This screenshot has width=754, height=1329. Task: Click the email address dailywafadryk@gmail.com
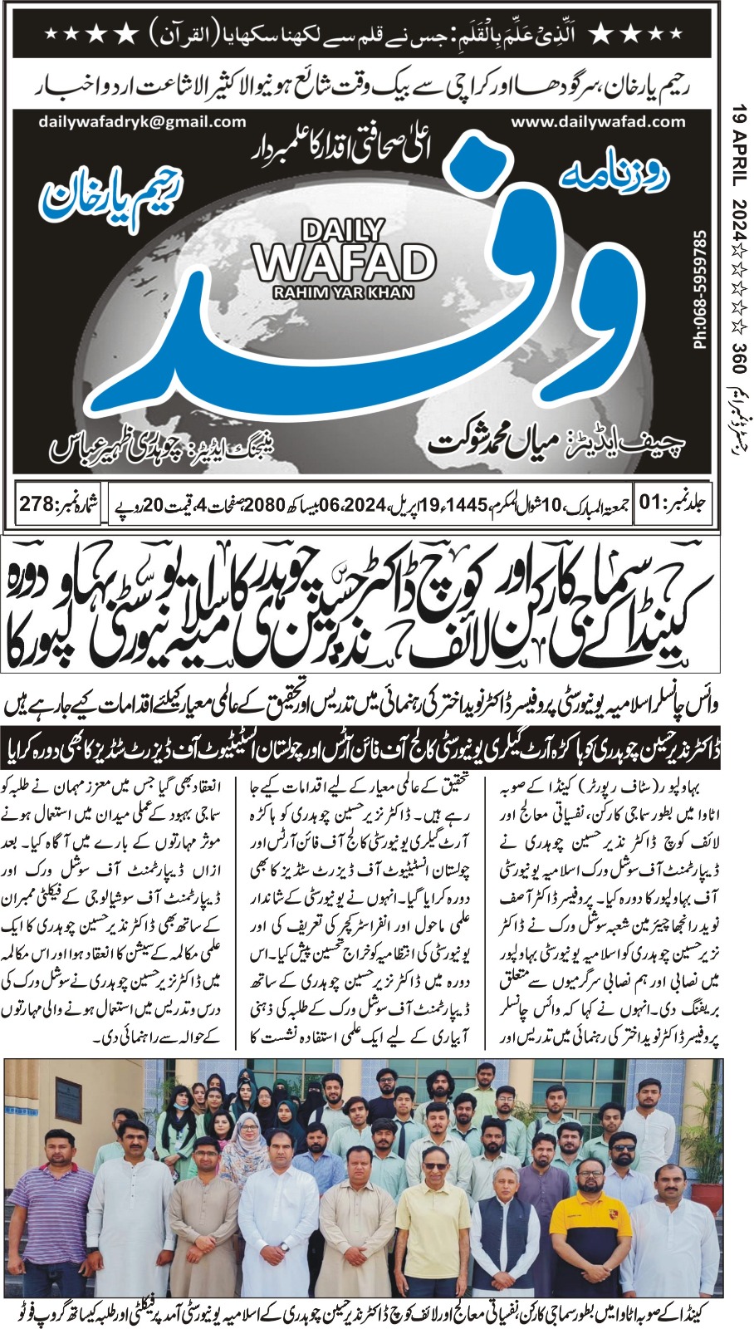[142, 122]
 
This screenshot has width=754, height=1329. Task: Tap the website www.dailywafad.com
[598, 122]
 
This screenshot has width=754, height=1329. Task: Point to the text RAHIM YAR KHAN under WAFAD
[343, 292]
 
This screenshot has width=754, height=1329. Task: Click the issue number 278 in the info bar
[39, 503]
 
